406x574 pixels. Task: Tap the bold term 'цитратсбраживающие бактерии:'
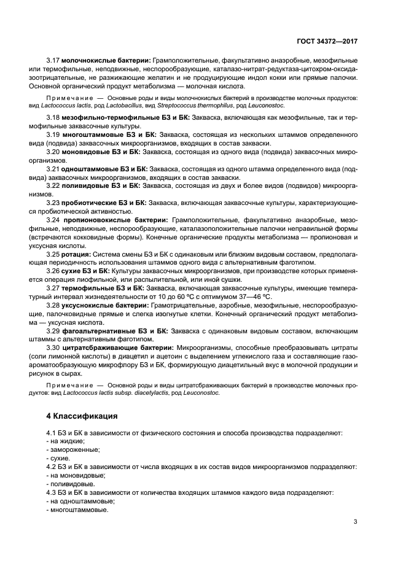click(x=118, y=348)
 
